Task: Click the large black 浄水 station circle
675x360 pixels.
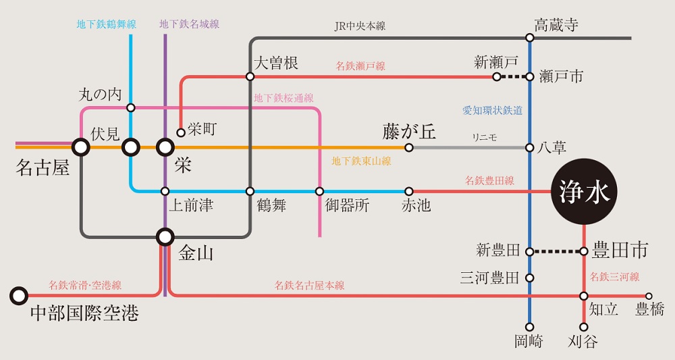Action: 584,192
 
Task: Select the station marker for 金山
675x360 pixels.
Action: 165,236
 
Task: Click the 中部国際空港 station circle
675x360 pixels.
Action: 19,295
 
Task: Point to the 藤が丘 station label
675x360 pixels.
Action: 409,131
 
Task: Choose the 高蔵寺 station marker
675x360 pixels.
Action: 530,38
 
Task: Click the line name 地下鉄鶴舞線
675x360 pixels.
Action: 106,24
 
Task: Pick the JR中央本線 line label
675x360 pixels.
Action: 360,26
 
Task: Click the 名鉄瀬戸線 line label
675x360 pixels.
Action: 360,66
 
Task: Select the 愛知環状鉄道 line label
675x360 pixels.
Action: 492,110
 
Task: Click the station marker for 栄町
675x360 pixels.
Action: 181,132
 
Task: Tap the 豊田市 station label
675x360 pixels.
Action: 620,251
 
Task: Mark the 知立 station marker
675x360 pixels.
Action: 584,296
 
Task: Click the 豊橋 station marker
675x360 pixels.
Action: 649,296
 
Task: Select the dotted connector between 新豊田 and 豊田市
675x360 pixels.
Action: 557,252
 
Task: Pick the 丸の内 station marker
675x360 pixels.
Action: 131,107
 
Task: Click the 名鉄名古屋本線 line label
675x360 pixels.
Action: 309,286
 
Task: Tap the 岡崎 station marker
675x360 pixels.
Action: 530,327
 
